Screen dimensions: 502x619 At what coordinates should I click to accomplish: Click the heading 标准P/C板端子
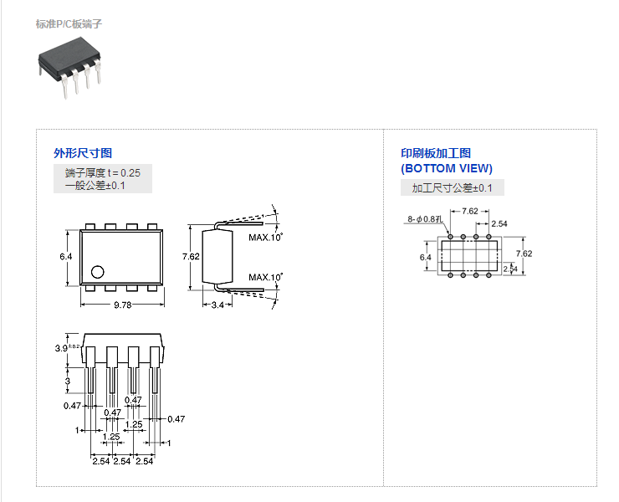[x=69, y=23]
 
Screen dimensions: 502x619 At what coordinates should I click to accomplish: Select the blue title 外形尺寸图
[x=83, y=153]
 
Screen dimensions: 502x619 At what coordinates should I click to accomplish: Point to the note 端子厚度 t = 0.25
[x=103, y=172]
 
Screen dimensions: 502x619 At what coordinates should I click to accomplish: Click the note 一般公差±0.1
[x=95, y=186]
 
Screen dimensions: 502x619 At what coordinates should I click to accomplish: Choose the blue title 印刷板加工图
[x=436, y=153]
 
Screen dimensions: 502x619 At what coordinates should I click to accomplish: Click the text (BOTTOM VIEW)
[x=447, y=168]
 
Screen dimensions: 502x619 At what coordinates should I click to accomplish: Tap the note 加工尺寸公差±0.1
[x=452, y=188]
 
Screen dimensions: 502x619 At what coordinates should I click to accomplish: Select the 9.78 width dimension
[x=122, y=305]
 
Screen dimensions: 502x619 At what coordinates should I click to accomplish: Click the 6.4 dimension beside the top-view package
[x=65, y=256]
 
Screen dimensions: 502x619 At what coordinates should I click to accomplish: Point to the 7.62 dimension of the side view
[x=191, y=257]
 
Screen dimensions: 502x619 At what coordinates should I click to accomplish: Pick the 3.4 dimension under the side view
[x=217, y=305]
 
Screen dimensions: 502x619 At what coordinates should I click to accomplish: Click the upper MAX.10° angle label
[x=265, y=238]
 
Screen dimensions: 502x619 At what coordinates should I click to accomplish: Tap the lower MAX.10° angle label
[x=265, y=277]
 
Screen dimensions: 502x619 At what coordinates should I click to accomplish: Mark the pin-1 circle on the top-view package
[x=98, y=271]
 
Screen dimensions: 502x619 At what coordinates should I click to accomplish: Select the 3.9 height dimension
[x=61, y=347]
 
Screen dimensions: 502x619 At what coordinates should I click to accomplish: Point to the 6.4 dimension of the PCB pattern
[x=426, y=257]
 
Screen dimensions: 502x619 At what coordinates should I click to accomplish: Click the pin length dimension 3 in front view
[x=67, y=381]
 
